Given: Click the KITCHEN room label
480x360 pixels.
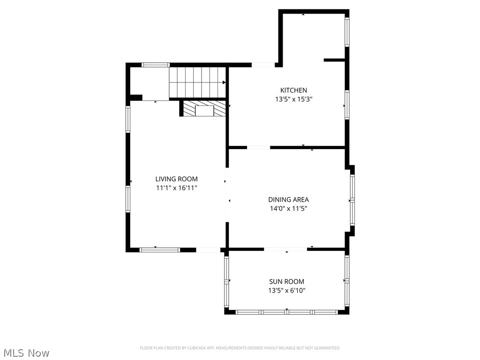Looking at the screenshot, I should (293, 90).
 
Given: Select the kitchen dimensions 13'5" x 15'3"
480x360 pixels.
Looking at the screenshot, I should (293, 99).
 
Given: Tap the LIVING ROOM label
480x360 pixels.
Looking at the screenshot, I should (176, 179).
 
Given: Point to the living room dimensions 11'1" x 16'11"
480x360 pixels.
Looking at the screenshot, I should (176, 188).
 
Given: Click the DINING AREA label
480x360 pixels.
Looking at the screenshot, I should (288, 200).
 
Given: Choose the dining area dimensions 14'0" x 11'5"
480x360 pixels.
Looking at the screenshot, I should (288, 209).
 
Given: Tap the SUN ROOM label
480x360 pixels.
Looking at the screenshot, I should (286, 282).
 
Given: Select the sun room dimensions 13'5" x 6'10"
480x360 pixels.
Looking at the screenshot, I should (286, 291).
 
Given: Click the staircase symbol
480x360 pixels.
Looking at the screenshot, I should (197, 82).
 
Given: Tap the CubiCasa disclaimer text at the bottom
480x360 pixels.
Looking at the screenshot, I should (240, 348).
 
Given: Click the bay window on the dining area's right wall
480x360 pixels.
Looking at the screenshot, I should (352, 201).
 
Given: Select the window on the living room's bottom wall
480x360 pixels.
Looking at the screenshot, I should (160, 250).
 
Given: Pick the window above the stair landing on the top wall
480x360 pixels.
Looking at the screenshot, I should (156, 65).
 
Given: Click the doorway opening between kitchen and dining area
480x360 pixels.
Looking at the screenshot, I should (258, 148).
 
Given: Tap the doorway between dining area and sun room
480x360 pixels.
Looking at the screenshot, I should (285, 249).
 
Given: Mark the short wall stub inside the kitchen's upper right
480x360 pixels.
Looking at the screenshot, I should (334, 60).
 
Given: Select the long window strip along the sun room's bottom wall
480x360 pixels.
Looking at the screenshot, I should (286, 312).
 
